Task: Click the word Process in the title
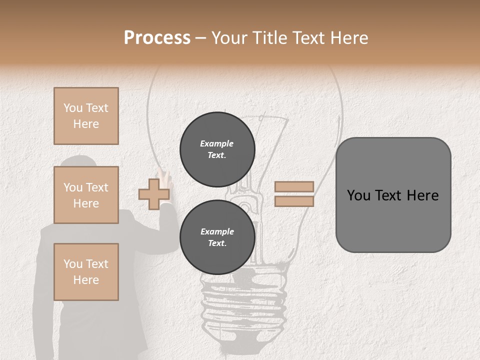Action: click(157, 38)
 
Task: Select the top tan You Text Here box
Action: click(86, 116)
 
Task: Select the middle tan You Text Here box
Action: click(86, 195)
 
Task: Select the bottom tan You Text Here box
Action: click(86, 272)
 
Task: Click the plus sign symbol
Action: click(153, 194)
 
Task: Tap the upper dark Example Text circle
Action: click(217, 149)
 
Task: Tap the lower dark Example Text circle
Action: click(217, 237)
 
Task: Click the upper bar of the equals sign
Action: click(294, 186)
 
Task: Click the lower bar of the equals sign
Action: click(294, 201)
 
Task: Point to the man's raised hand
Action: click(165, 176)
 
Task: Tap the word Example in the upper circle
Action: click(216, 143)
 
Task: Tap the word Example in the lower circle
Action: click(216, 231)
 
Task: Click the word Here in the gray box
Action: click(423, 195)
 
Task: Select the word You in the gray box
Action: click(358, 195)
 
